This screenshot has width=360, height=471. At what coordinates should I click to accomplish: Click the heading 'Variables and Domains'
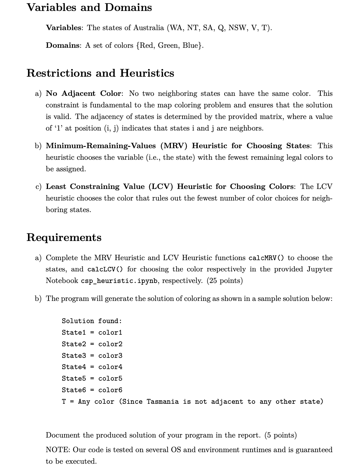coord(89,7)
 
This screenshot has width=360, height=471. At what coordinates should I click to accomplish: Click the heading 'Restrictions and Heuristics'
coord(100,73)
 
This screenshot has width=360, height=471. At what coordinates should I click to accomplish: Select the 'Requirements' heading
coord(64,237)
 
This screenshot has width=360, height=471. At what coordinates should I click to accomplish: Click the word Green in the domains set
coord(168,45)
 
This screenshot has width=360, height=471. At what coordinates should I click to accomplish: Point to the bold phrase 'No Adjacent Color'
coord(83,93)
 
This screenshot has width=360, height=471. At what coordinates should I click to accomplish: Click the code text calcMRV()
coord(266,258)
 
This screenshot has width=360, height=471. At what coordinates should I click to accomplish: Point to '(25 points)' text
coord(225,281)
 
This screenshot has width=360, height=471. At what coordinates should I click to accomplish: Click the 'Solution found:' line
coord(92,321)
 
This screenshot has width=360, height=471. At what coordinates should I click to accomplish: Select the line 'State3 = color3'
coord(92,355)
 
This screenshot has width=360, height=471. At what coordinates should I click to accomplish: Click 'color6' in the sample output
coord(110,390)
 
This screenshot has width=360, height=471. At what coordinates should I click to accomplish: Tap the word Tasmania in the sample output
coord(163,402)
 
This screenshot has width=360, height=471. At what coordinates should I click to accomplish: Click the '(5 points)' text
coord(280,435)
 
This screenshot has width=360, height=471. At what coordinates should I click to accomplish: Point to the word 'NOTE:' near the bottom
coord(58,450)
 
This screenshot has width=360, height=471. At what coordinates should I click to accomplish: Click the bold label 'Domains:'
coord(63,45)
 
